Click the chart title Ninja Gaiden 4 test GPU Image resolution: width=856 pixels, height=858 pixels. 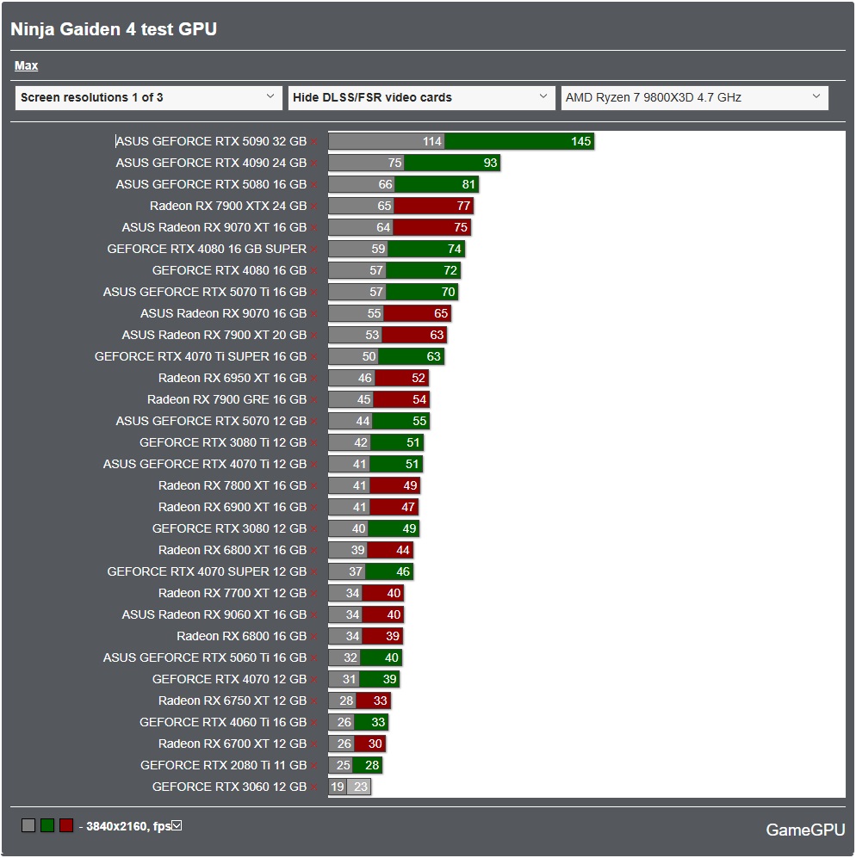coord(114,29)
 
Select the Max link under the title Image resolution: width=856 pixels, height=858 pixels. coord(26,65)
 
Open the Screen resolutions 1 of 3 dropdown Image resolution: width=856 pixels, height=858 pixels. coord(148,97)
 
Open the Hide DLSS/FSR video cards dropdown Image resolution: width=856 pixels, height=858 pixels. coord(421,97)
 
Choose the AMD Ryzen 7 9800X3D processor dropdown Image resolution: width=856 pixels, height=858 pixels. coord(694,97)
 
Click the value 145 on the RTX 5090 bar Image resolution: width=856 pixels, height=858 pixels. coord(581,141)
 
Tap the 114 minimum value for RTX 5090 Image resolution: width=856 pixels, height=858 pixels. coord(432,141)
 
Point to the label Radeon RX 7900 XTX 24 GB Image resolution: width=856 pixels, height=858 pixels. coord(228,206)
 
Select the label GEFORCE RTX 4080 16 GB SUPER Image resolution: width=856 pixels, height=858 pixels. coord(207,249)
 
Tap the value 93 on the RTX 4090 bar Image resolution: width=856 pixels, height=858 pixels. coord(490,163)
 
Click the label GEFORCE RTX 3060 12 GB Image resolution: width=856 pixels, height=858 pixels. coord(229,787)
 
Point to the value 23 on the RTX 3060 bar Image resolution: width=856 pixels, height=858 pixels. coord(360,787)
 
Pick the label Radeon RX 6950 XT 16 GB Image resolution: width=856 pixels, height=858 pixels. coord(233,378)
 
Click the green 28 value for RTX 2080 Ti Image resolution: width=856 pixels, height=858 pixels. coord(372,765)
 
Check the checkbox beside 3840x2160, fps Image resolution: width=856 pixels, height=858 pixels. coord(177,826)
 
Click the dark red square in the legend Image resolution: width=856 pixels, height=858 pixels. coord(66,826)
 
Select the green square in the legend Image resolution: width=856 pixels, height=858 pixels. coord(47,826)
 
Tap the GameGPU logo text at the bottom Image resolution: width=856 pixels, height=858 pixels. coord(805,830)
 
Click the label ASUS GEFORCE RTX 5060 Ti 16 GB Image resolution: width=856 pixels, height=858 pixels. coord(205,657)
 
